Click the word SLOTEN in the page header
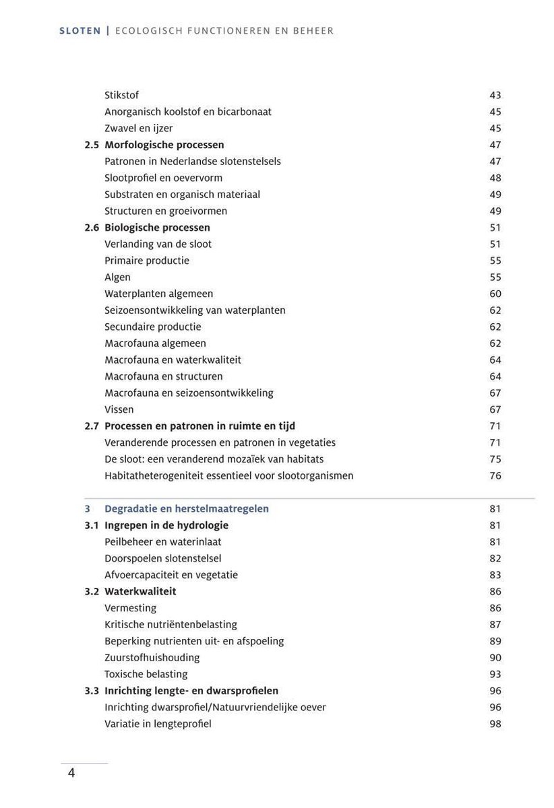tap(80, 31)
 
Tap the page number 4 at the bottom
tap(71, 772)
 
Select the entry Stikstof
tap(121, 95)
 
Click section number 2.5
tap(92, 145)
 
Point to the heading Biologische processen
tap(157, 228)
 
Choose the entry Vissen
tap(119, 409)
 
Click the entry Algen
tap(117, 277)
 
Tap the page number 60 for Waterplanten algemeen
tap(495, 294)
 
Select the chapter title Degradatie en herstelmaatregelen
tap(187, 508)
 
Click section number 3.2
tap(92, 591)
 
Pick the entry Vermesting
tap(130, 608)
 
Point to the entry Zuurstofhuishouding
tap(152, 657)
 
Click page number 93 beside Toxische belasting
tap(495, 674)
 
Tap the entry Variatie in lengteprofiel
tap(158, 724)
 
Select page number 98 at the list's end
tap(495, 724)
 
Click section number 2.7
tap(92, 426)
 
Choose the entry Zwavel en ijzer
tap(138, 128)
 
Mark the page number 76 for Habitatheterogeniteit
tap(495, 475)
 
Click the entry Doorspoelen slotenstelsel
tap(162, 558)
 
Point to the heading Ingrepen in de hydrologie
tap(166, 525)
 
